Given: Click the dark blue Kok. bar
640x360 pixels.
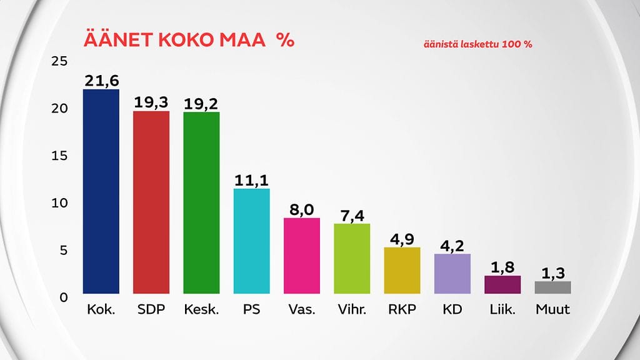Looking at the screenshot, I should click(x=101, y=191).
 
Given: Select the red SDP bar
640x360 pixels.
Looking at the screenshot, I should click(x=151, y=202).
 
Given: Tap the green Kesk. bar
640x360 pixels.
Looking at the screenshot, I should click(x=201, y=203).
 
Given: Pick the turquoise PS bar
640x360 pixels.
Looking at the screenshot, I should click(x=251, y=241).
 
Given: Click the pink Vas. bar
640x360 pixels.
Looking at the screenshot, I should click(x=302, y=256).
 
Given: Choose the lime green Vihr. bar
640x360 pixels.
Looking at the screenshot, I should click(x=352, y=259).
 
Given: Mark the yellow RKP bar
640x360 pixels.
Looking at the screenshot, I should click(x=402, y=271).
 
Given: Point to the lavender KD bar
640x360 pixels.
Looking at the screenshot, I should click(x=452, y=274).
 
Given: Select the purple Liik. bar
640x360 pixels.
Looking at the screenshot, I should click(x=502, y=285).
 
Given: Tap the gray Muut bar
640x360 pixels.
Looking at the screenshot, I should click(x=553, y=287).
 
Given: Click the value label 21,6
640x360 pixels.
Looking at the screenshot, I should click(x=101, y=81).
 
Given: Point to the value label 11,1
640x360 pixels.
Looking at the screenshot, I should click(x=251, y=181).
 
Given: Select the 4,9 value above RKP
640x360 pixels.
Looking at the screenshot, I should click(x=402, y=239).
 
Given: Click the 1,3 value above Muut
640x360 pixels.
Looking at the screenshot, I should click(x=553, y=273).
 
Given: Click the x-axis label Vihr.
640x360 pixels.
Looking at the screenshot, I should click(x=352, y=309).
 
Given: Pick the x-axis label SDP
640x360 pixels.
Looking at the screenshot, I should click(x=151, y=309).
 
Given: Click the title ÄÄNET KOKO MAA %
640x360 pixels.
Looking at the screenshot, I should click(x=189, y=41).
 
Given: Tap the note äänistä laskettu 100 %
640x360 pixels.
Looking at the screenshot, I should click(x=477, y=45).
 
